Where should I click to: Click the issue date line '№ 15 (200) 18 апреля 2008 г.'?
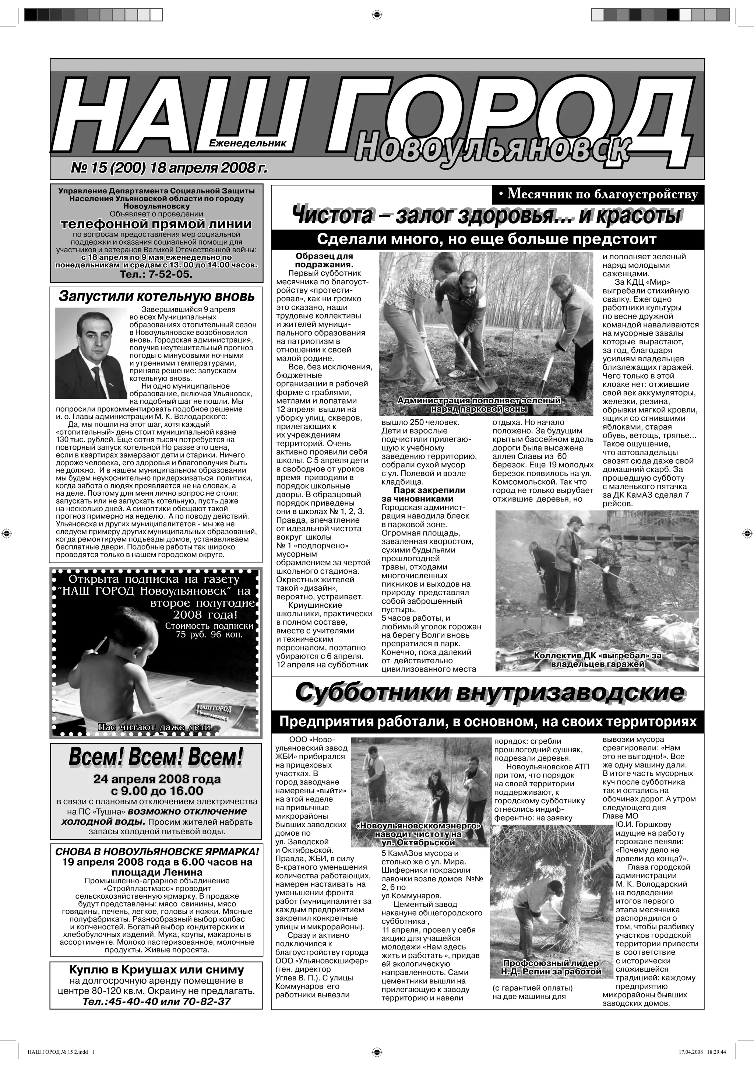coord(169,168)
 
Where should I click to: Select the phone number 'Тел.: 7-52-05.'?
coord(156,274)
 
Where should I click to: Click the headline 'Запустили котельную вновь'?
coord(156,296)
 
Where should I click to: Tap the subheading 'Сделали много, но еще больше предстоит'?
coord(486,239)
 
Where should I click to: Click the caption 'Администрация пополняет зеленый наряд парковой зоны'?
coord(479,405)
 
